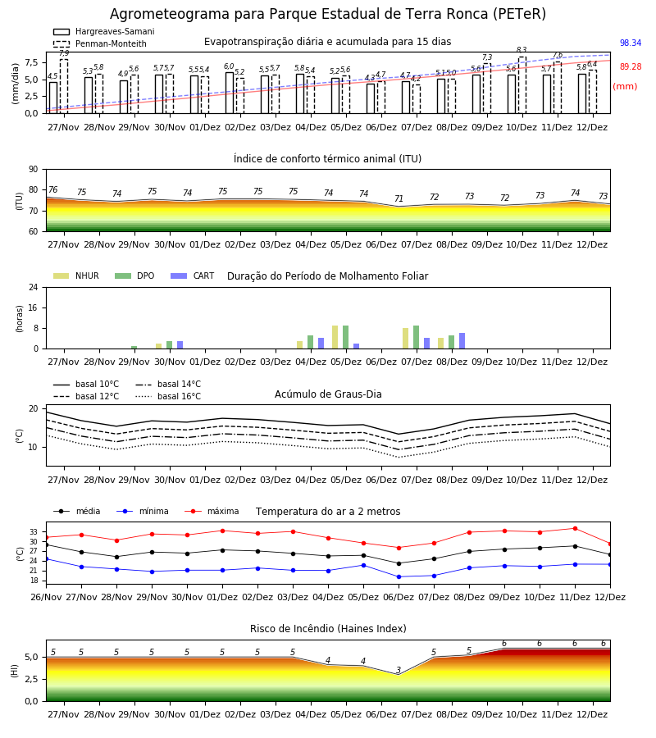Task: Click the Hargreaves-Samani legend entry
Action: click(103, 31)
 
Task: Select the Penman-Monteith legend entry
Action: click(100, 43)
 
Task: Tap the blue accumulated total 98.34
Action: click(631, 43)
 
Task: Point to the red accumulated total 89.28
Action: click(631, 66)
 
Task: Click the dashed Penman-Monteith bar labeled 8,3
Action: click(522, 85)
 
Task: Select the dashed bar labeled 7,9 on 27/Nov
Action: click(63, 87)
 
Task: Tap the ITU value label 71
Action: click(399, 198)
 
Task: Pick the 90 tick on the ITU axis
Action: click(34, 170)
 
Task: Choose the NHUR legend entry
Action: click(75, 276)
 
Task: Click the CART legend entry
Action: click(192, 276)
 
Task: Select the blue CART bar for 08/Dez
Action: click(462, 341)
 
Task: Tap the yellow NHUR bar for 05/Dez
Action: click(335, 337)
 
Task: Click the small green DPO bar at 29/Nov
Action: click(134, 348)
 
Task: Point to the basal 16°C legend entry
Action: click(168, 396)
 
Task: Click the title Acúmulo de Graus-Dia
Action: click(328, 394)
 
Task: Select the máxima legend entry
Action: click(212, 511)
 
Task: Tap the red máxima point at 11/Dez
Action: click(575, 529)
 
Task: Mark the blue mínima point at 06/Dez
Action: click(399, 576)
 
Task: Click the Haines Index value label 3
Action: click(399, 670)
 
